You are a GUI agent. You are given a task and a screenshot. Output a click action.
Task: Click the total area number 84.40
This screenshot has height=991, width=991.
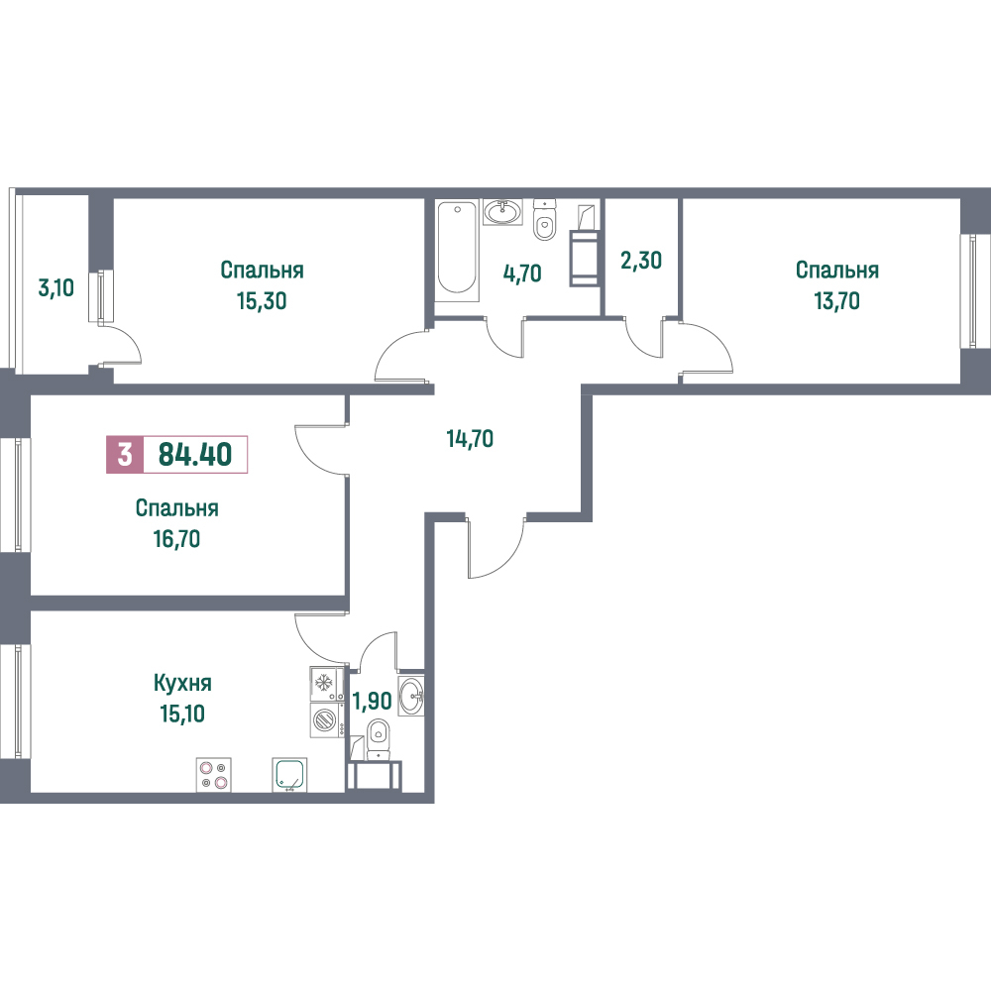pos(194,455)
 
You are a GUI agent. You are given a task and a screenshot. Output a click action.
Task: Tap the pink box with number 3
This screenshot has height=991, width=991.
pos(125,455)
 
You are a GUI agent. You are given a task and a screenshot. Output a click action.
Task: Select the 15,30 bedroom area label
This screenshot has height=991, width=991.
pos(262,301)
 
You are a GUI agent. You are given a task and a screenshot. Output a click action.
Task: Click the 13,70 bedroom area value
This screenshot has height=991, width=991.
pos(836,301)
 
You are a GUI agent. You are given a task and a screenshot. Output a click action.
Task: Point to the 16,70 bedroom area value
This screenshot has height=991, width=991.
pos(176,538)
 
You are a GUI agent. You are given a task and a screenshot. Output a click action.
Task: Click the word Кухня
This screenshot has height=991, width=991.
pos(182,683)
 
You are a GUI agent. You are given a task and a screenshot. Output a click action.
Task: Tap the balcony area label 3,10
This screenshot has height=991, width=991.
pos(55,288)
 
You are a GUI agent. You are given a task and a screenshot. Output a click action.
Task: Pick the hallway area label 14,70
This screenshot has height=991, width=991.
pos(470,438)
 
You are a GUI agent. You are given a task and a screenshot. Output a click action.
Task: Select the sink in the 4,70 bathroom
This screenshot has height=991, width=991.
pos(503,212)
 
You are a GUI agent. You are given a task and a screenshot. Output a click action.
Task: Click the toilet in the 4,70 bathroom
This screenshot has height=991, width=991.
pos(544,220)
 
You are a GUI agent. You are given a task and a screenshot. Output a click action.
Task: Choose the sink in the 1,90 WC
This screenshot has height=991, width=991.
pos(411,696)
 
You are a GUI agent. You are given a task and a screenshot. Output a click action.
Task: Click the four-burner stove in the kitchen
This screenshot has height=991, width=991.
pos(213,775)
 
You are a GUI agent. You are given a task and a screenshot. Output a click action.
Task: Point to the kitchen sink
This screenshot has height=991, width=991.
pos(289,775)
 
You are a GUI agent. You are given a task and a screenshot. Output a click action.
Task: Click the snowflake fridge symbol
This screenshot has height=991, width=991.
pos(326,683)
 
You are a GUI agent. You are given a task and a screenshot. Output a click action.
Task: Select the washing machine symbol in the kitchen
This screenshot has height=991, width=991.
pos(326,719)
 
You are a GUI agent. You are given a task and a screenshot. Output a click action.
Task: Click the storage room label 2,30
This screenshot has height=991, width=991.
pos(641,260)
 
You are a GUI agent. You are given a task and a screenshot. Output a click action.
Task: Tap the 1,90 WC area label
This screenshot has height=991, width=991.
pos(373,701)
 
